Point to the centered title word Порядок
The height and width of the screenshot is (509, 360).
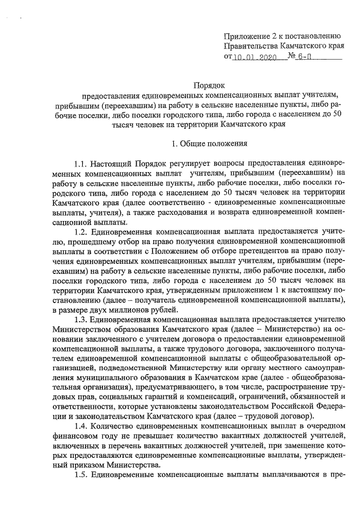pos(209,86)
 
